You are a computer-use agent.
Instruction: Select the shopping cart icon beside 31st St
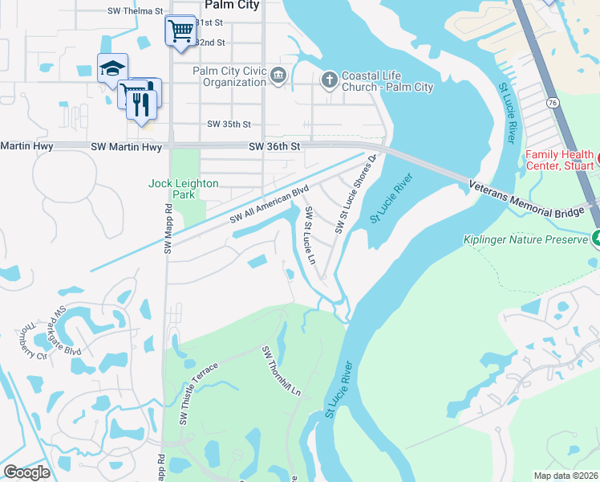[181, 32]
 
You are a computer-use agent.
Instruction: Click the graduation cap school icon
[112, 68]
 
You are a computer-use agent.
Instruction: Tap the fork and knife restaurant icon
[142, 102]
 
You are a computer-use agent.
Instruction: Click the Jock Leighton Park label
[184, 189]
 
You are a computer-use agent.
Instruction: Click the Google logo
[26, 472]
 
